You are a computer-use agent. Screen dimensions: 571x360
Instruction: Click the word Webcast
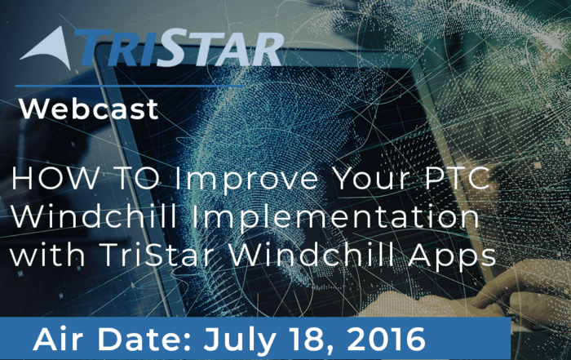(89, 109)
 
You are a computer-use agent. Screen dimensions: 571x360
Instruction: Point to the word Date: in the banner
(145, 339)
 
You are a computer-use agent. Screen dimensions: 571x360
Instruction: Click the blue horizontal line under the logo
(131, 86)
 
